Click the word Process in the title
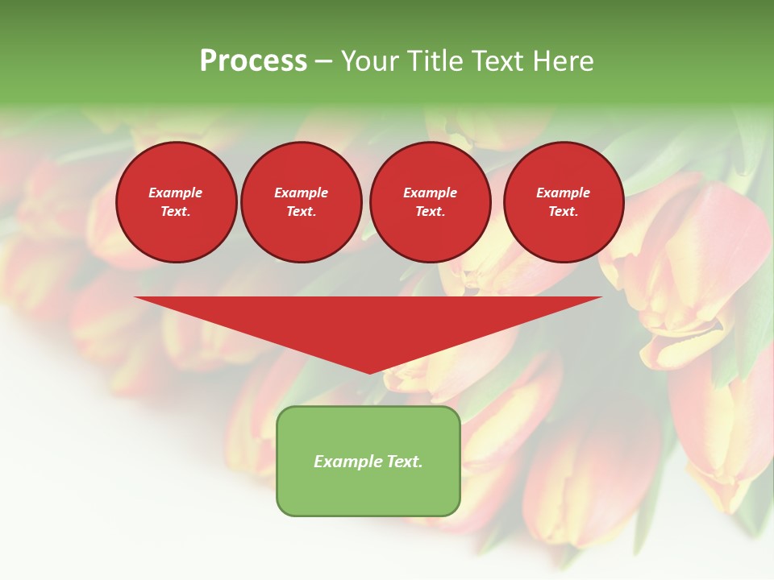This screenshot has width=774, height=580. [x=253, y=61]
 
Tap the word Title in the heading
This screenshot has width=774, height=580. [x=434, y=61]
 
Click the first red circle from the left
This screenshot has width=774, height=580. [x=177, y=202]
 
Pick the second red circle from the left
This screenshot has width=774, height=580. [x=302, y=202]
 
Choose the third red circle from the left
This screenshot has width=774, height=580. [x=430, y=202]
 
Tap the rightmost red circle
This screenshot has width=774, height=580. [x=564, y=202]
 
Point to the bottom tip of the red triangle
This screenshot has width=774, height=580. [x=369, y=373]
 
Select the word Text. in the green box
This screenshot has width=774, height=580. [x=404, y=462]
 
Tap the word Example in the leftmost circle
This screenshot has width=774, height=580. [x=176, y=193]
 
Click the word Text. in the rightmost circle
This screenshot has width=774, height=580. [x=564, y=212]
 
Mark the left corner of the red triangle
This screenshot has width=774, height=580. [x=135, y=297]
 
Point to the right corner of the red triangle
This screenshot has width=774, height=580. [x=601, y=297]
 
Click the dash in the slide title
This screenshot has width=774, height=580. [x=324, y=62]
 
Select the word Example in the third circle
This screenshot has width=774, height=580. [x=430, y=193]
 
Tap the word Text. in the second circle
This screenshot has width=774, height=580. [x=302, y=212]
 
